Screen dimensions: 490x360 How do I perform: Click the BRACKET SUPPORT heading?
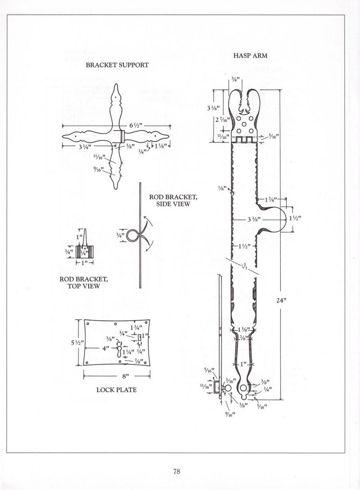[117, 65]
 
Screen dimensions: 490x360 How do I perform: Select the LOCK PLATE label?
[116, 390]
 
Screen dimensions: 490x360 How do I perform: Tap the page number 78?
[177, 471]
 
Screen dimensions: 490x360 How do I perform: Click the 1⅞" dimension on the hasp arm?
[270, 200]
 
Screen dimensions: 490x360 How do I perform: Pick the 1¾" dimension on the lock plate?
[136, 328]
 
